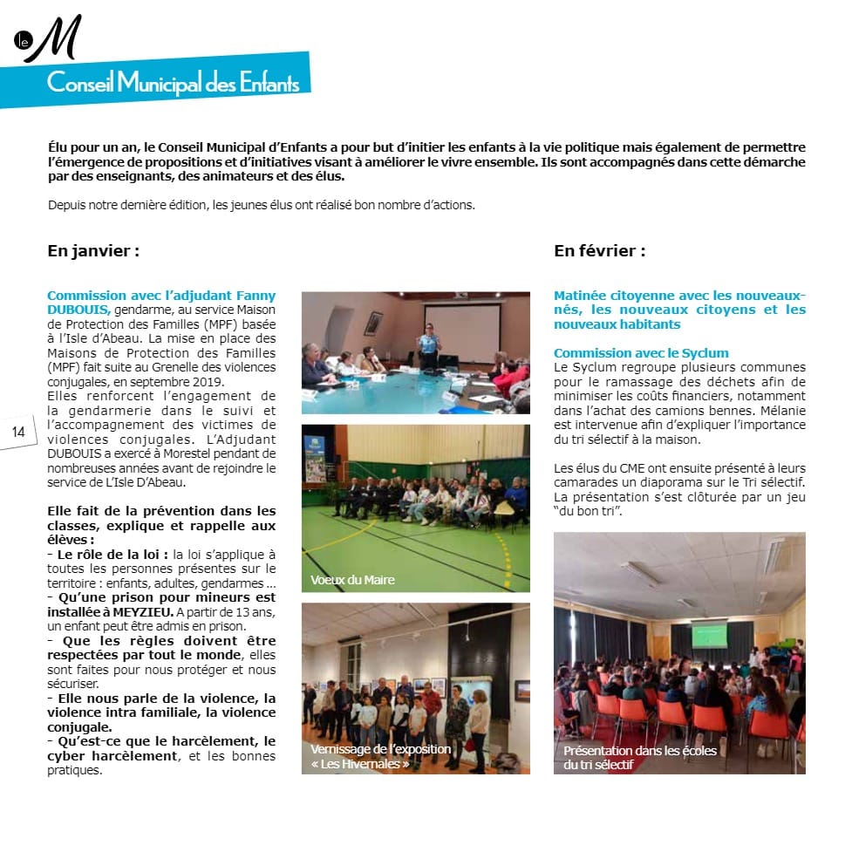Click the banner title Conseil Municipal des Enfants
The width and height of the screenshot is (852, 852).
[173, 84]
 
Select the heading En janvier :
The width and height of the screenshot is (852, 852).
[93, 251]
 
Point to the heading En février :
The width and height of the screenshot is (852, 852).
[599, 251]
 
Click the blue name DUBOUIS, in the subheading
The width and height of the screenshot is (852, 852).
[78, 309]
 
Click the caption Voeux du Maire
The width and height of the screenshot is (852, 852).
[352, 580]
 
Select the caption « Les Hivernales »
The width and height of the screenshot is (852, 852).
[359, 764]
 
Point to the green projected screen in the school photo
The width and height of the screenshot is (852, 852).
[709, 635]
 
